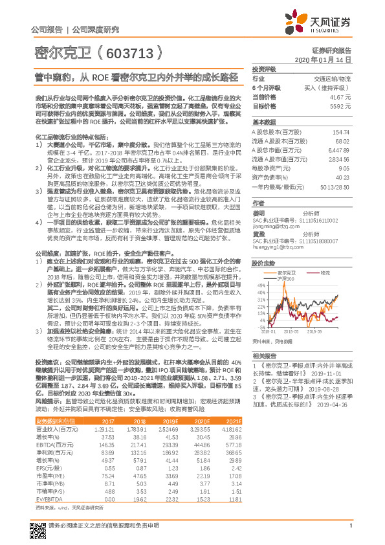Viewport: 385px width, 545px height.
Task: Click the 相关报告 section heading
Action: (x=265, y=356)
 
